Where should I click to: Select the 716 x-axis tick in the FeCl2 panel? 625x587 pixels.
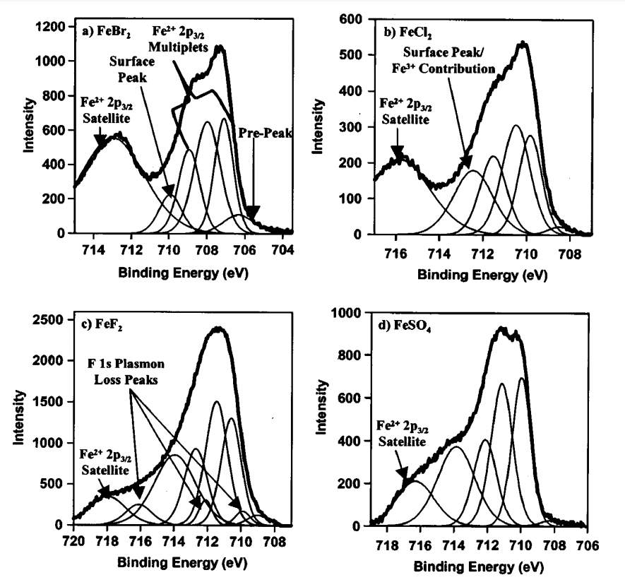pyautogui.click(x=395, y=252)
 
